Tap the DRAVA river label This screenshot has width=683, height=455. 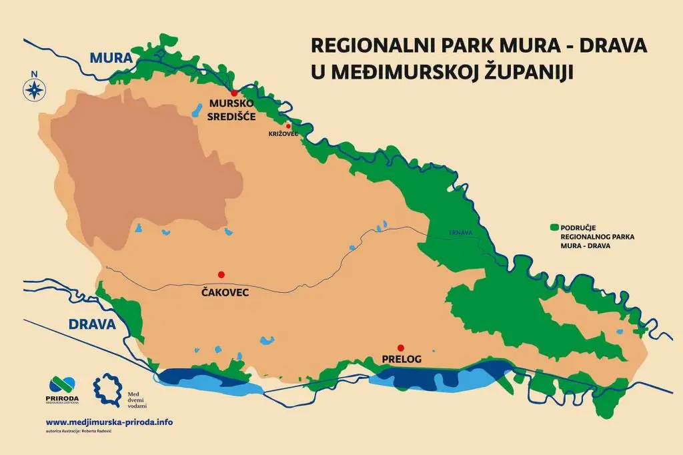92,325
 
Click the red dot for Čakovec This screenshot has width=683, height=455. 221,274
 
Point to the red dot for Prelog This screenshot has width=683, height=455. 400,347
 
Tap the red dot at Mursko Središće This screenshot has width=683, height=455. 233,93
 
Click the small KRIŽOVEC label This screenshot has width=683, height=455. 283,134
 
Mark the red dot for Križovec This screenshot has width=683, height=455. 288,125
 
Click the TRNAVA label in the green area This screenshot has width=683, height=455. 460,233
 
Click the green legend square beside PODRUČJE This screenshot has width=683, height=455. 553,227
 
